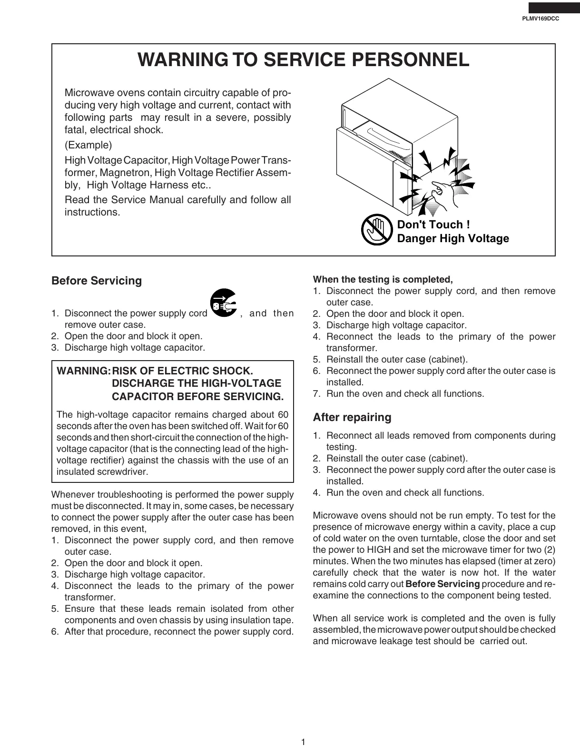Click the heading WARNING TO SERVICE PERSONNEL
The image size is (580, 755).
[303, 60]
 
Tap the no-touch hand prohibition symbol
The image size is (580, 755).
[376, 230]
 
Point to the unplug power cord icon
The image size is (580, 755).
[223, 303]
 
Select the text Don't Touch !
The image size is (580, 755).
[433, 225]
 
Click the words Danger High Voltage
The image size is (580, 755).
[452, 238]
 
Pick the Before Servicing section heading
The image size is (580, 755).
[97, 281]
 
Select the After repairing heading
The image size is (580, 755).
[352, 417]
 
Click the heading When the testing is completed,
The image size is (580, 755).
[383, 279]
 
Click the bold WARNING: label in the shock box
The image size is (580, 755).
[83, 371]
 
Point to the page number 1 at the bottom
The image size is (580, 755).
[303, 742]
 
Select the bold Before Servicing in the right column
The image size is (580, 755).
[442, 584]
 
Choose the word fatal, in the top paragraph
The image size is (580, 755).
[76, 130]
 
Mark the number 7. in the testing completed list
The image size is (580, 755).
[317, 394]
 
